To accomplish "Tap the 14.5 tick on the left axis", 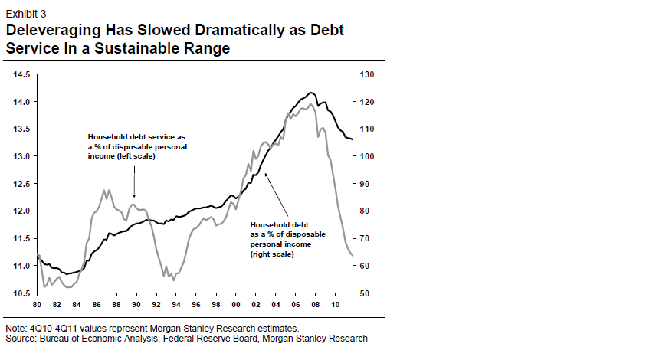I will [x=21, y=74].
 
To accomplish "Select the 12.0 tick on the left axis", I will [x=21, y=211].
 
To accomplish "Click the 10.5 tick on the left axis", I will [x=21, y=293].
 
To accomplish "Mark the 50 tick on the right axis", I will [x=365, y=293].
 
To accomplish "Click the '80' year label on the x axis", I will [x=38, y=304].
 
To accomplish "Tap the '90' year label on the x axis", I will [x=136, y=304].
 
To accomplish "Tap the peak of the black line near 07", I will [x=310, y=92].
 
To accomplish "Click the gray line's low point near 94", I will [x=173, y=280].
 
